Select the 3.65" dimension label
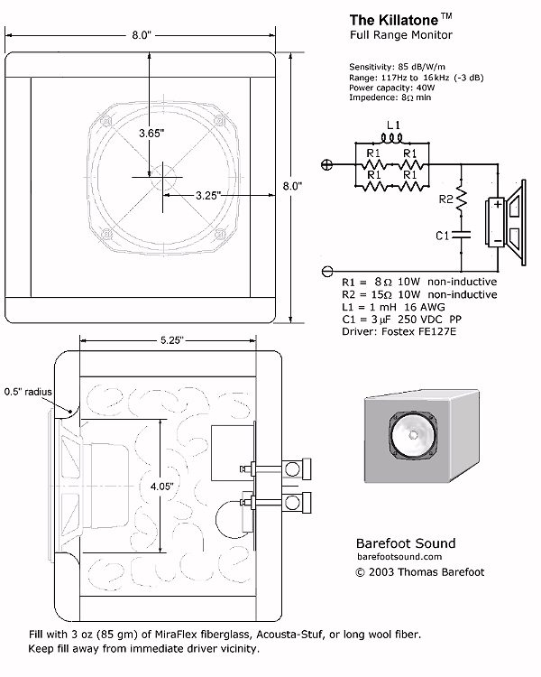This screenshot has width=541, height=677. click(x=151, y=133)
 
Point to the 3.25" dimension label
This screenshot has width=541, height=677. click(x=208, y=196)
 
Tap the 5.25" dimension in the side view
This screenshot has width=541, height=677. click(x=172, y=340)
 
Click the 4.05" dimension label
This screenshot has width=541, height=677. click(x=161, y=487)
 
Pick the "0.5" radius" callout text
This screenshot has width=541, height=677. click(x=28, y=392)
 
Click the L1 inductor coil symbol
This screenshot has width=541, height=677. click(x=392, y=138)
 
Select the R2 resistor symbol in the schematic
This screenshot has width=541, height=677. click(x=461, y=199)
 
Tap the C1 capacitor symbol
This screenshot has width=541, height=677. click(x=461, y=235)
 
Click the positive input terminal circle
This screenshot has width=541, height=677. click(x=327, y=164)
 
